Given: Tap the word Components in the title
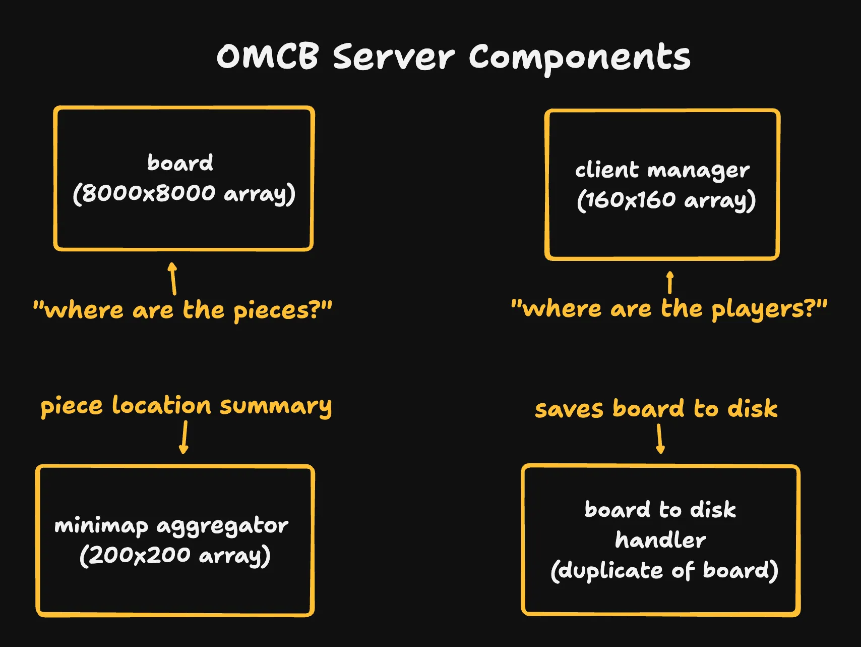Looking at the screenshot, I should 579,58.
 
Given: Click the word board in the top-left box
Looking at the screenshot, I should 180,163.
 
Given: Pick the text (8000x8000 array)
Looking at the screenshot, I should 184,193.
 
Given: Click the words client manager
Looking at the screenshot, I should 662,170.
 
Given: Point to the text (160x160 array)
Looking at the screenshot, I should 666,200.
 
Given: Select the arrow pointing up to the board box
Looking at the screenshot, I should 173,278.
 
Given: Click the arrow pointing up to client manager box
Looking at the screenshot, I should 670,283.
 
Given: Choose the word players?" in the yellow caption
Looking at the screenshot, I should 769,309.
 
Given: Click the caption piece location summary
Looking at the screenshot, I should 186,406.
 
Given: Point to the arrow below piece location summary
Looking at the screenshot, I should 184,437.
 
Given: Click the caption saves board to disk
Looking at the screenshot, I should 656,408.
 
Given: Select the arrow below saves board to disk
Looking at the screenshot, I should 660,439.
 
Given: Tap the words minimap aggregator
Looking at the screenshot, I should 171,526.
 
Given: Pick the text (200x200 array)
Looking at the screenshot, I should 175,556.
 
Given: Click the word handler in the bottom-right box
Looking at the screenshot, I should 660,541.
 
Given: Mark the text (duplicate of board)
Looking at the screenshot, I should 664,571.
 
